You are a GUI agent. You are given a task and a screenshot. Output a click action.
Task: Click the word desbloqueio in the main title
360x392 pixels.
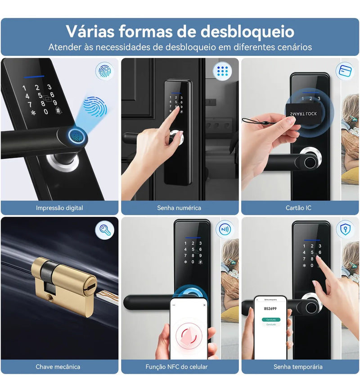247,32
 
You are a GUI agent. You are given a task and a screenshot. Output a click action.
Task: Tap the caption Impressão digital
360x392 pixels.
59,208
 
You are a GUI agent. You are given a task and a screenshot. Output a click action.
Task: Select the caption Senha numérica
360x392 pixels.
179,208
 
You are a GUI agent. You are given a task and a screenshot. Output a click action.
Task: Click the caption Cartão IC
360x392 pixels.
298,208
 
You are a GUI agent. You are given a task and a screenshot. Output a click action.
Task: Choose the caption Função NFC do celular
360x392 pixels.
179,367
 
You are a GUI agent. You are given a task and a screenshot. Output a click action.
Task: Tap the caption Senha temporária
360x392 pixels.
298,367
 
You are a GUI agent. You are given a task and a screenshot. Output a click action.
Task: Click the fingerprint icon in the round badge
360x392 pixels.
104,71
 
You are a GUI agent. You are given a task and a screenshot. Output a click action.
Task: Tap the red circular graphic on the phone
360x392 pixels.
189,334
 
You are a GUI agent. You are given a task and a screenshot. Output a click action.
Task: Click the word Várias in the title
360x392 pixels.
90,32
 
